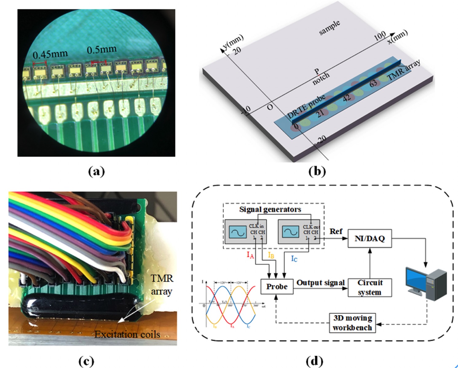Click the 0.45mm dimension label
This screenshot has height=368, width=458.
click(50, 54)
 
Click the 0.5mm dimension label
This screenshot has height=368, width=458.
click(101, 49)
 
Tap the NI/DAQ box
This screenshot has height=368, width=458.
click(369, 238)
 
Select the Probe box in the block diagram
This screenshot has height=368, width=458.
click(276, 286)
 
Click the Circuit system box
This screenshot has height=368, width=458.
click(370, 288)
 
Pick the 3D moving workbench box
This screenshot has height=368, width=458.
click(352, 323)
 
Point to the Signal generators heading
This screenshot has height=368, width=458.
click(270, 209)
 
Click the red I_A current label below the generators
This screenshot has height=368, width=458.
click(250, 255)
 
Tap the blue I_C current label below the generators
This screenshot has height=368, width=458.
click(294, 259)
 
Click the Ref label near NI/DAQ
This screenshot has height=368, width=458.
click(336, 231)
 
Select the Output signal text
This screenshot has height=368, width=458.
click(320, 283)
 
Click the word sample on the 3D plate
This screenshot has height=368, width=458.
click(329, 28)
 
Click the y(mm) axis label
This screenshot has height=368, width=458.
click(233, 41)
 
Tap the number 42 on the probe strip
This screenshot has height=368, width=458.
click(346, 98)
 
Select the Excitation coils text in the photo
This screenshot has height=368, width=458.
click(127, 334)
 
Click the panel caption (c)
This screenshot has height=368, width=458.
click(86, 361)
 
